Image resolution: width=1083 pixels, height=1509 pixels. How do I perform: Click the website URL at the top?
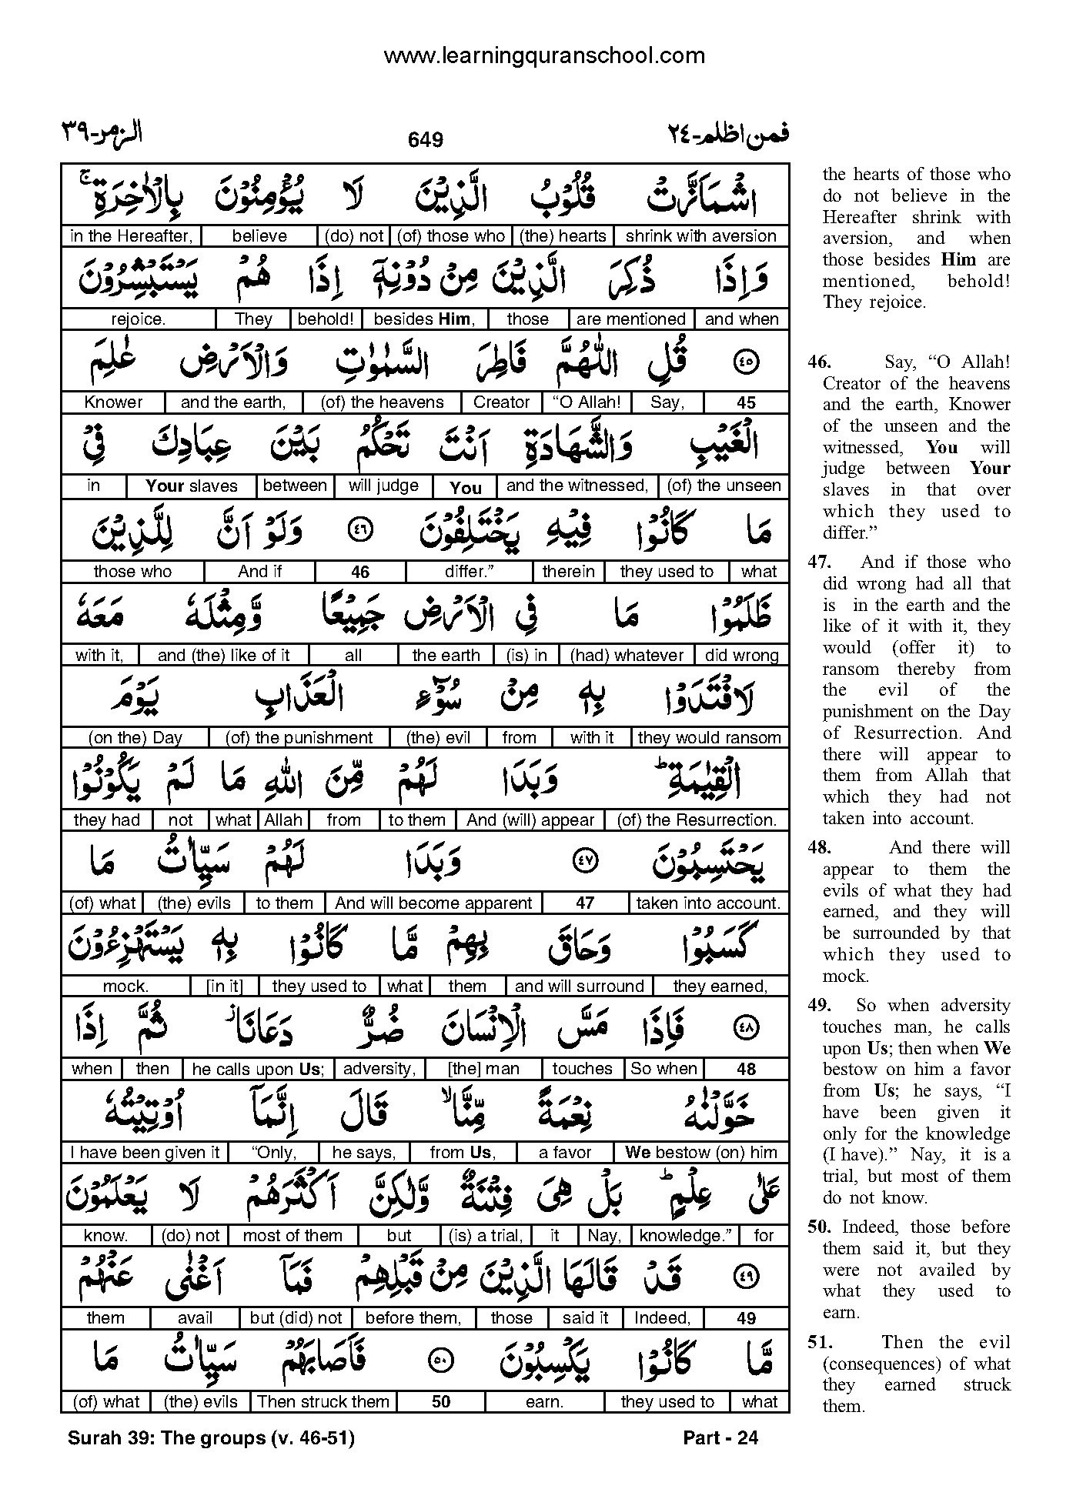click(543, 55)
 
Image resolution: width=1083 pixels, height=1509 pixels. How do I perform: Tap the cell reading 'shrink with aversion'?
click(700, 236)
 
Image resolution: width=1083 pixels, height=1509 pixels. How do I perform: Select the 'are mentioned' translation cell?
click(630, 319)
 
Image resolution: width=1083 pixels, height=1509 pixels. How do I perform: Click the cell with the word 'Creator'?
click(501, 402)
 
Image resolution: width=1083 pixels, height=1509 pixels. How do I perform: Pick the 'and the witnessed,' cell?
click(577, 486)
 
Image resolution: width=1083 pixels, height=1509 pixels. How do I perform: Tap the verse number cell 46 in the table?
click(359, 572)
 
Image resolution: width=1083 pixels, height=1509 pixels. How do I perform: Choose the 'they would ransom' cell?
click(709, 737)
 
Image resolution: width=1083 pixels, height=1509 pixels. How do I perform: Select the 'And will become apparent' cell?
click(433, 903)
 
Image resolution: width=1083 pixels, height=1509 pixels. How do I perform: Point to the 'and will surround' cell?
click(579, 987)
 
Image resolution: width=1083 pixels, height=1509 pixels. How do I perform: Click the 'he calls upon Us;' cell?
click(258, 1069)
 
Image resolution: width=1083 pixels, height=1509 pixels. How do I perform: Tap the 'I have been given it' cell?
click(145, 1153)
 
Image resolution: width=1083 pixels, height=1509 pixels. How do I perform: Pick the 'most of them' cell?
click(292, 1236)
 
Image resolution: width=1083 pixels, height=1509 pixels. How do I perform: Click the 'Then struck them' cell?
click(323, 1402)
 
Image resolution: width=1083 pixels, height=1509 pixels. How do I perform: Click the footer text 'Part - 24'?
click(720, 1437)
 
